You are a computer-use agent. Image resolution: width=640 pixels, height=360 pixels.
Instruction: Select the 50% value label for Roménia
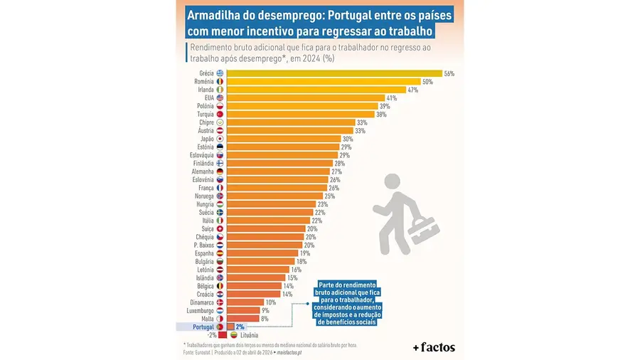pos(427,82)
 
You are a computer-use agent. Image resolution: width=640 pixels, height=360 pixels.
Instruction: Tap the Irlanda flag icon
pos(220,90)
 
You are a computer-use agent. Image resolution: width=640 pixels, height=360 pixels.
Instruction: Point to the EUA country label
pos(208,97)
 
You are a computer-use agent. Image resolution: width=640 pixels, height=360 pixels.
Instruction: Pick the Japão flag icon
pos(220,139)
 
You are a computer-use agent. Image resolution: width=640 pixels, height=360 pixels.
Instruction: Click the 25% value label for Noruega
pos(329,196)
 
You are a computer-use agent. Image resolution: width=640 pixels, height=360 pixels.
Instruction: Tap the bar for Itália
pos(268,221)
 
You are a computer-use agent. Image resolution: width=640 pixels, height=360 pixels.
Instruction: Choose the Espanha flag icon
pos(220,253)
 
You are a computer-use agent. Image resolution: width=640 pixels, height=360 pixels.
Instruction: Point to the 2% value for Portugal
pos(240,327)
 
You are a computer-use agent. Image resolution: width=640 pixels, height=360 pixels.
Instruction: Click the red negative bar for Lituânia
pos(222,335)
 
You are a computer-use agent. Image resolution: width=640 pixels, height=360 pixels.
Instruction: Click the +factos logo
pos(433,347)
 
